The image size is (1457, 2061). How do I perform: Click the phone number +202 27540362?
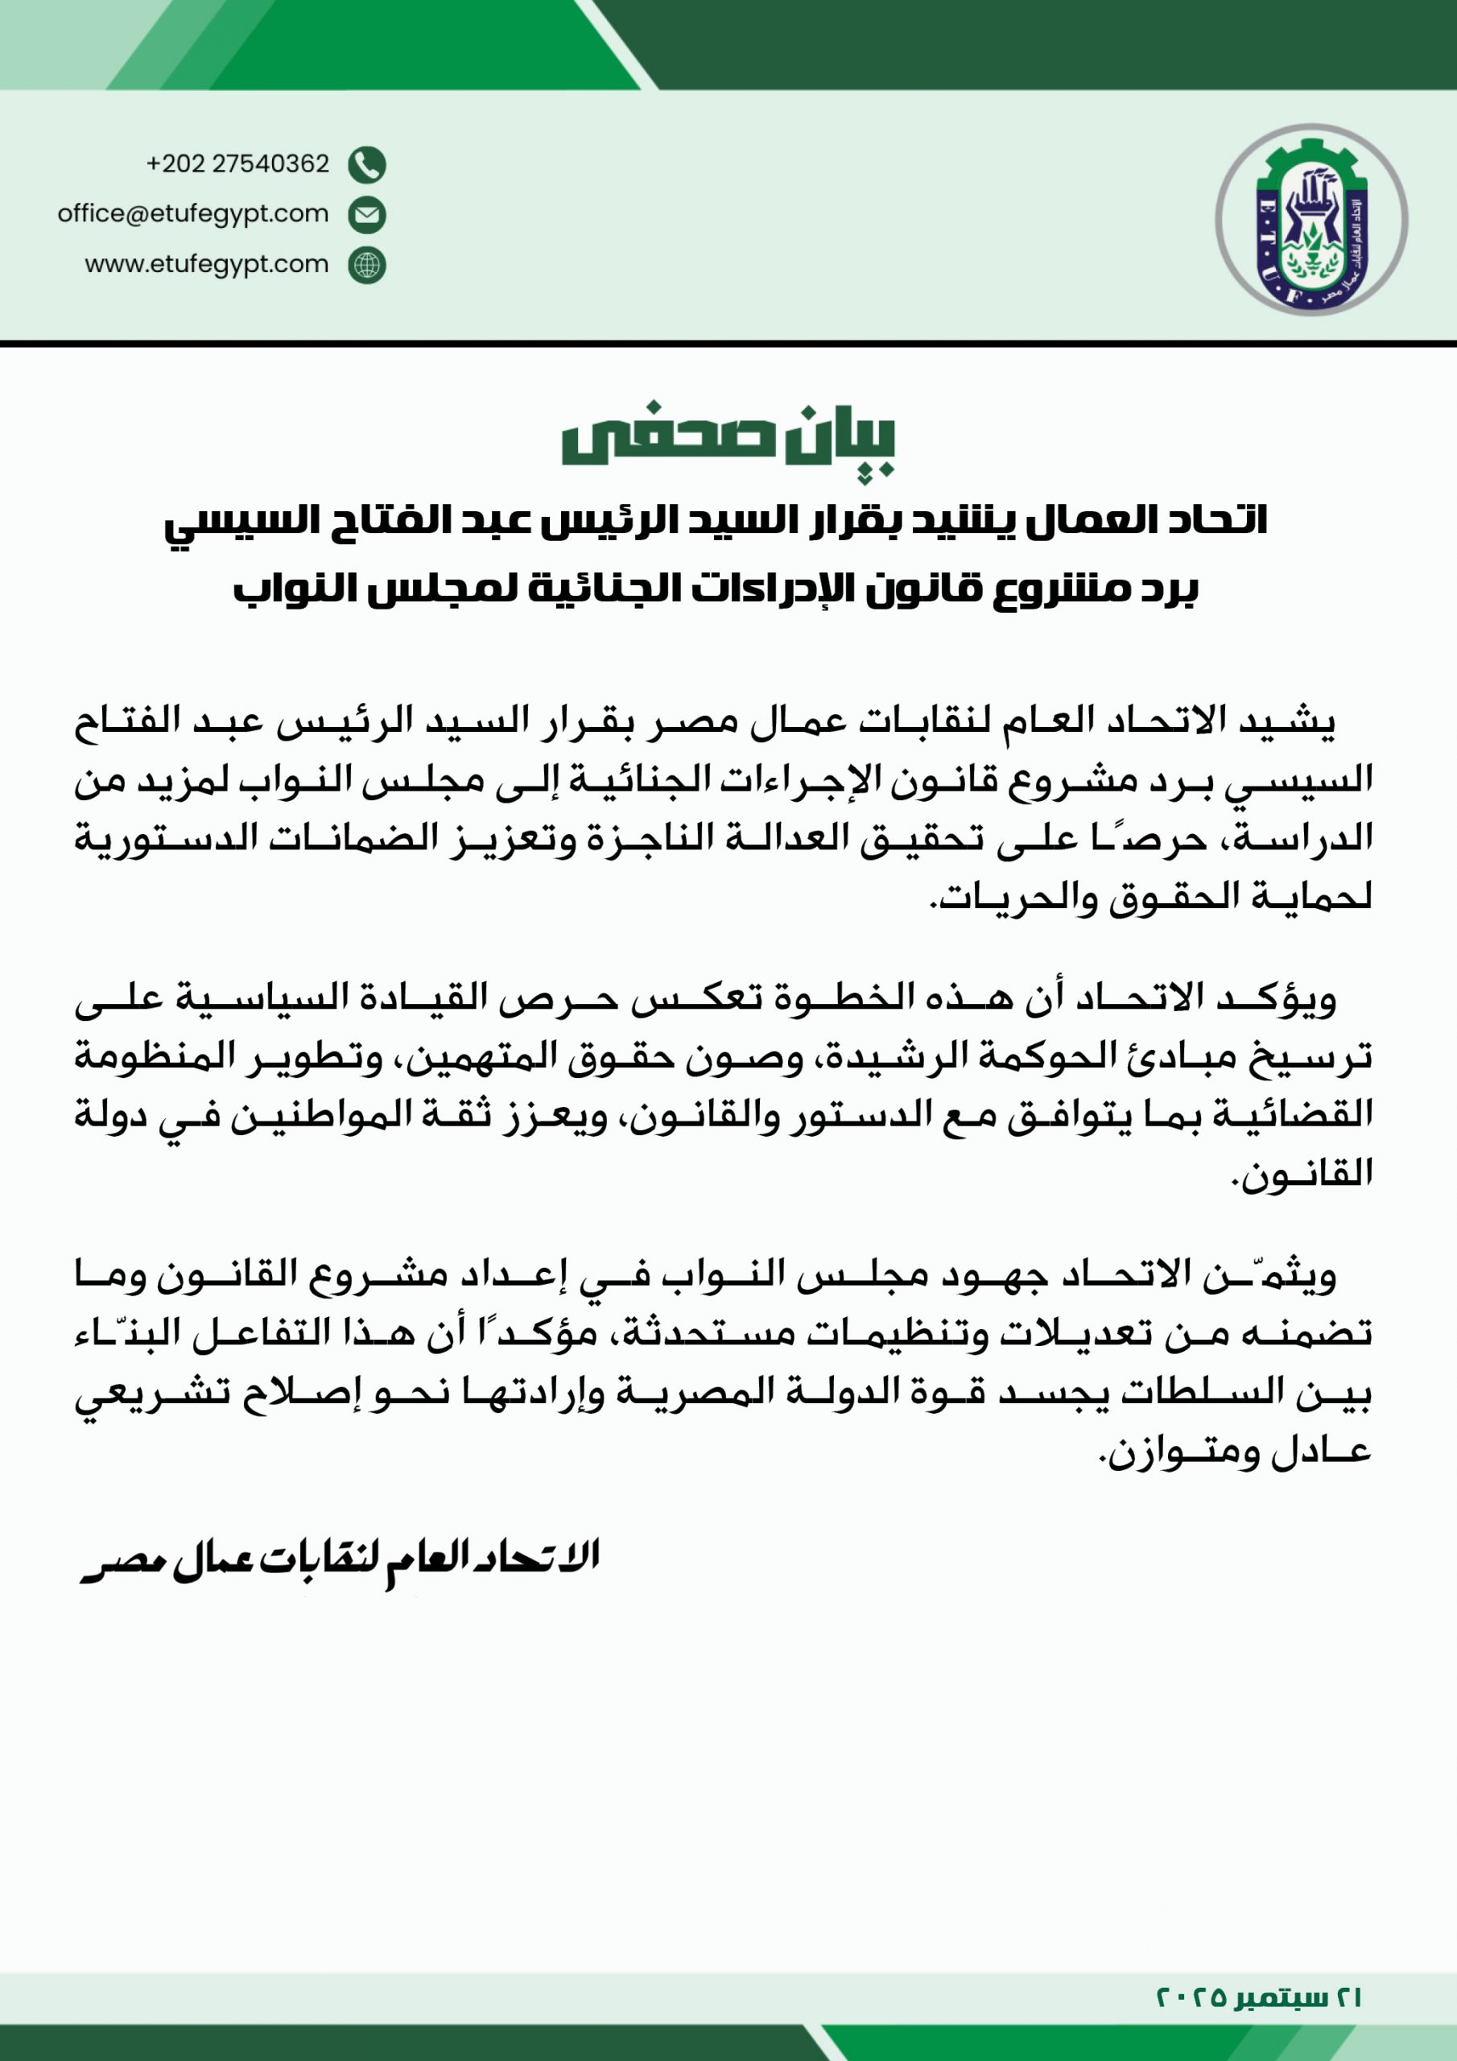238,163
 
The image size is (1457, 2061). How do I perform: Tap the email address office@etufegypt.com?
193,213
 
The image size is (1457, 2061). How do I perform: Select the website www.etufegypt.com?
207,264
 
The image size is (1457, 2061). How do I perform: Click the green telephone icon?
367,164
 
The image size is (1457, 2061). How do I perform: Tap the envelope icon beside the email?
367,214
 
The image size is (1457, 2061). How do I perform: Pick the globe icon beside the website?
367,266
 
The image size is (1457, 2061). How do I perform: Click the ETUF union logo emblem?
1310,220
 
